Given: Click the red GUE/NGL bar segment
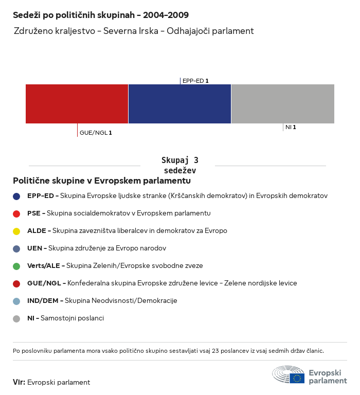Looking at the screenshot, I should [x=77, y=103].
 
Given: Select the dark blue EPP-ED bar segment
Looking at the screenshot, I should [x=179, y=103].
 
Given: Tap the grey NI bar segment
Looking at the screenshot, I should [x=283, y=103].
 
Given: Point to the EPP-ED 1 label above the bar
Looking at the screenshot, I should [x=195, y=81].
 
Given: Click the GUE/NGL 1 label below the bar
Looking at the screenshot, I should [x=96, y=133].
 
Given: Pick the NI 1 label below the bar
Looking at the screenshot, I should [x=291, y=127].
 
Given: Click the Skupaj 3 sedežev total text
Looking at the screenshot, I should [x=179, y=165].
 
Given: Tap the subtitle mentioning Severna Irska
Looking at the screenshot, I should [x=134, y=31].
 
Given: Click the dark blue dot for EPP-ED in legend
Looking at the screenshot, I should [x=16, y=196].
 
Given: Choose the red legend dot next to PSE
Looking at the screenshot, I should [x=16, y=213].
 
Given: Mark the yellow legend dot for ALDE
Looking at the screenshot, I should [x=16, y=231].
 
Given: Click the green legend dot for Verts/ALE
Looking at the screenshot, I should [x=16, y=266].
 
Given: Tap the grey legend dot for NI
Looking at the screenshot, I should [x=16, y=318].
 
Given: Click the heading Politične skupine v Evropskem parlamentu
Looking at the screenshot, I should [x=102, y=181].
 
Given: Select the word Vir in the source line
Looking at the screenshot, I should [x=19, y=382].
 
